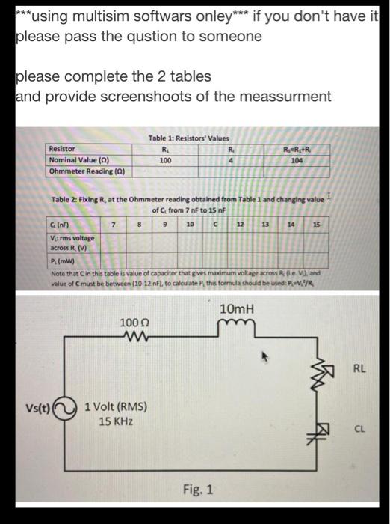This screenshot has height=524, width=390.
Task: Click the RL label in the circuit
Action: [x=359, y=368]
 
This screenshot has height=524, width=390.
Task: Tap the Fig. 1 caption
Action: [x=198, y=490]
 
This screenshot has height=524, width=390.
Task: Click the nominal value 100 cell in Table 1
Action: [x=166, y=160]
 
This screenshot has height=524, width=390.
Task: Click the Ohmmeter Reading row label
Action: [x=86, y=171]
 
